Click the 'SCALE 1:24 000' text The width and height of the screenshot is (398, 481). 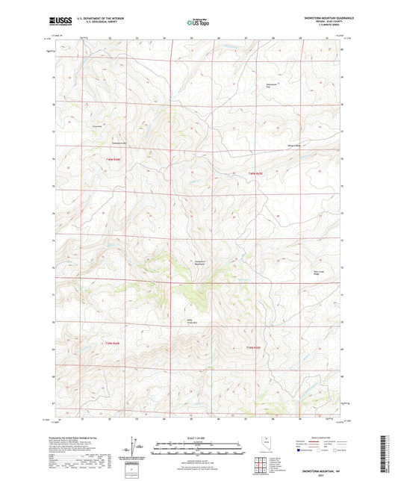[x=199, y=438]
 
